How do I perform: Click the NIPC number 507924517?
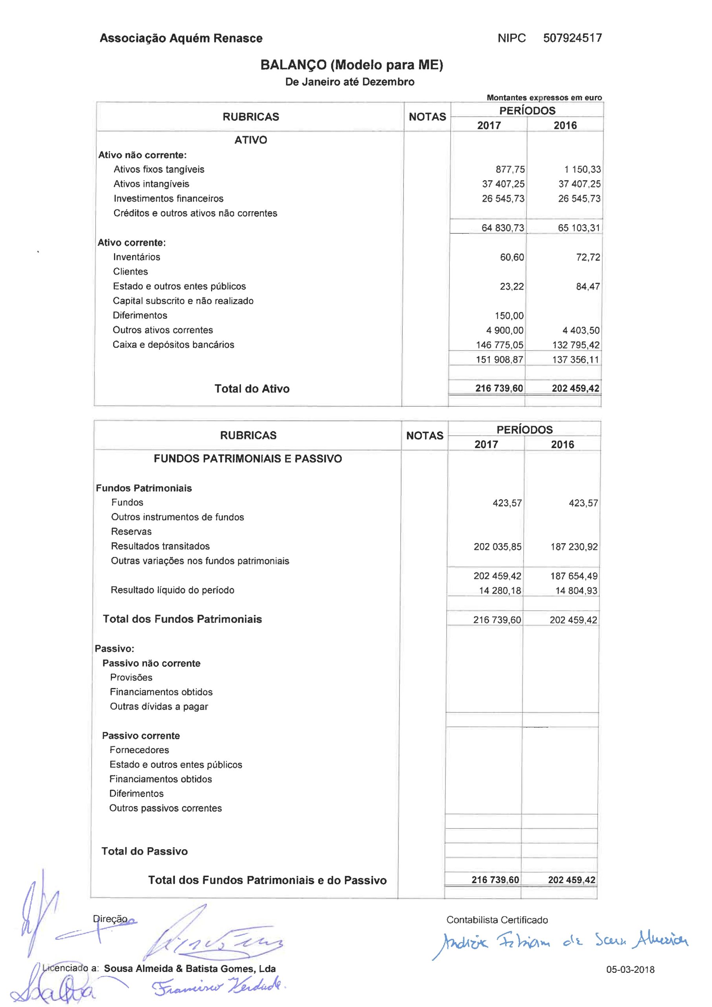point(572,38)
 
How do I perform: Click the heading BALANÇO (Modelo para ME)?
point(351,65)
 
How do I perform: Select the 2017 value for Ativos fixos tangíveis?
point(510,169)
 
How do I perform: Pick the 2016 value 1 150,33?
point(582,169)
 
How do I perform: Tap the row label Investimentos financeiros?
point(168,199)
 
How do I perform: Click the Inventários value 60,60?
point(511,257)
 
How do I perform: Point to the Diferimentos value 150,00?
point(509,316)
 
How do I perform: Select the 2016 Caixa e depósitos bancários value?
point(576,345)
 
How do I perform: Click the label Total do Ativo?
point(252,389)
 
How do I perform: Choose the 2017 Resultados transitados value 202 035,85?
point(497,547)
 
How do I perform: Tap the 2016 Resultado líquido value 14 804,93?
point(576,591)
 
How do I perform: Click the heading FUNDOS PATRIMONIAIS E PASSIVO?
point(248,459)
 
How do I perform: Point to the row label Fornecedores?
point(139,750)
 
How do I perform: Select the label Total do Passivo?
point(144,851)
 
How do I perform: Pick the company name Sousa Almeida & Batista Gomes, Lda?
point(189,969)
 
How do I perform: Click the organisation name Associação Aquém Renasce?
point(181,39)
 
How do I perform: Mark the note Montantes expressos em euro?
point(544,98)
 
